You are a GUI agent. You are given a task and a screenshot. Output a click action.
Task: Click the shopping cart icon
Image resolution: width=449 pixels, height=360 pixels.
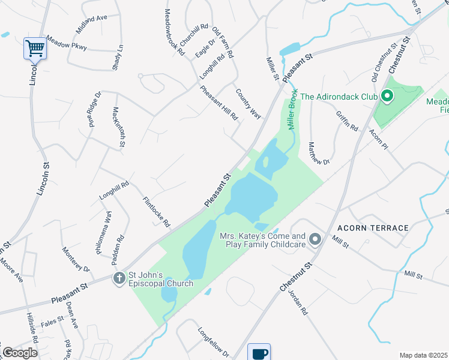click(35, 48)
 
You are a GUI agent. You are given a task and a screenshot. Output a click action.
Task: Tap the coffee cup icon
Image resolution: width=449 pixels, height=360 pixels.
click(259, 353)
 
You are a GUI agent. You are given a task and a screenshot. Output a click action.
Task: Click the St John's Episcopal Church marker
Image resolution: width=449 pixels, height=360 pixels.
click(119, 278)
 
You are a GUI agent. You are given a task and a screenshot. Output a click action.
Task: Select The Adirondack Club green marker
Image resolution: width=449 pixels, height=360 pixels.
click(387, 96)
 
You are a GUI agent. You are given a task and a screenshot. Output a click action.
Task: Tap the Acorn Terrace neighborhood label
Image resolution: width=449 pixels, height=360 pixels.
click(373, 228)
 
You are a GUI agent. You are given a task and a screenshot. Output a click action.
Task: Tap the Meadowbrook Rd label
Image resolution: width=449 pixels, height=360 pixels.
click(175, 32)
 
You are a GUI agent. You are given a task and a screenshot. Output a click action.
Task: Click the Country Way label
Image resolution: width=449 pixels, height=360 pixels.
click(249, 104)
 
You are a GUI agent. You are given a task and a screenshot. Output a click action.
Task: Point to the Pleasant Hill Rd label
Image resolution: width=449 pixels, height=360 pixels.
click(219, 103)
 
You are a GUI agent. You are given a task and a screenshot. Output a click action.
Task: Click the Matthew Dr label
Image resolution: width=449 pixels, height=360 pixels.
click(318, 153)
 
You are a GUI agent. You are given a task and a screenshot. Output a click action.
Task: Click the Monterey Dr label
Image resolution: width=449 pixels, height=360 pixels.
click(75, 260)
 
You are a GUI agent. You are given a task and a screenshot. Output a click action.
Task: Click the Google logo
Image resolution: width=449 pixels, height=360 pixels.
click(20, 353)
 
